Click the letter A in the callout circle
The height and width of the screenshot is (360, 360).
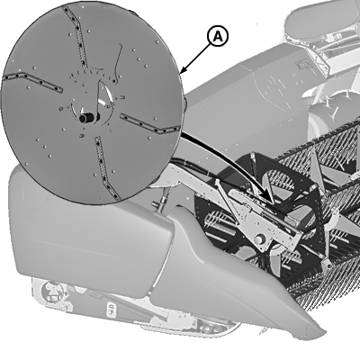pos(218,37)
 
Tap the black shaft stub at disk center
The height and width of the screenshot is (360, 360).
pos(87,118)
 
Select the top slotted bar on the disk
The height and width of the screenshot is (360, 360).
pos(75,36)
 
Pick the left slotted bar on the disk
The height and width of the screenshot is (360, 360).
pos(32,82)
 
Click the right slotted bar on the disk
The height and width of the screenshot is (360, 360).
pos(150,123)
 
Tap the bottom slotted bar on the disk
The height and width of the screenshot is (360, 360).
pos(107,168)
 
